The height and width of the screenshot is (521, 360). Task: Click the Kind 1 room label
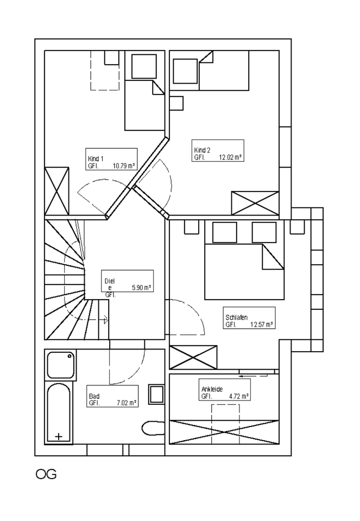pos(96,158)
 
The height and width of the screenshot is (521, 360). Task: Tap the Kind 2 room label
pos(202,150)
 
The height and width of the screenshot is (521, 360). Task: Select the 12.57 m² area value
pos(261,325)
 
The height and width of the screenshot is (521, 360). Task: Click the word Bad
pos(94,396)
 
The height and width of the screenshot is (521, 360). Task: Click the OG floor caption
pos(46,475)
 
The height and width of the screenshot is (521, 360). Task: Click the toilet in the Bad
pos(153,428)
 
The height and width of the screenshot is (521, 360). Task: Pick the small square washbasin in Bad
pos(157,395)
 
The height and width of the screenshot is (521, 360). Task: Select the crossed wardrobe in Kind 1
pos(56,190)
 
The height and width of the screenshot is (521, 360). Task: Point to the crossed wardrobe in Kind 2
pos(255,203)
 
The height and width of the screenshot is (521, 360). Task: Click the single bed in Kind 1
pos(144,105)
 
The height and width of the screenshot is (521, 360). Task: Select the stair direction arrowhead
pos(105,320)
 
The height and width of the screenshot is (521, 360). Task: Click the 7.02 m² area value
pos(125,403)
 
